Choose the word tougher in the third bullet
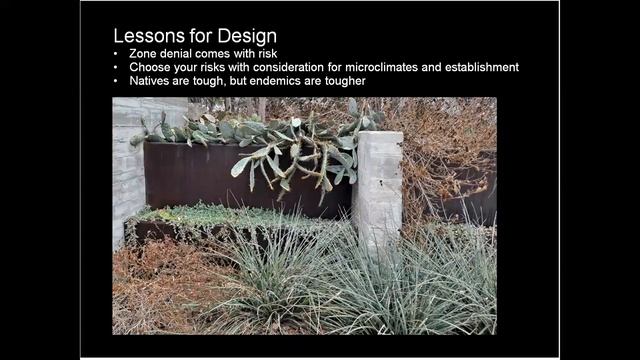(341, 81)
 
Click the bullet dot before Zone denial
(118, 53)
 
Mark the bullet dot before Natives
(118, 81)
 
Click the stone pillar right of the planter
(378, 185)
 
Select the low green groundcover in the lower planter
(220, 214)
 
